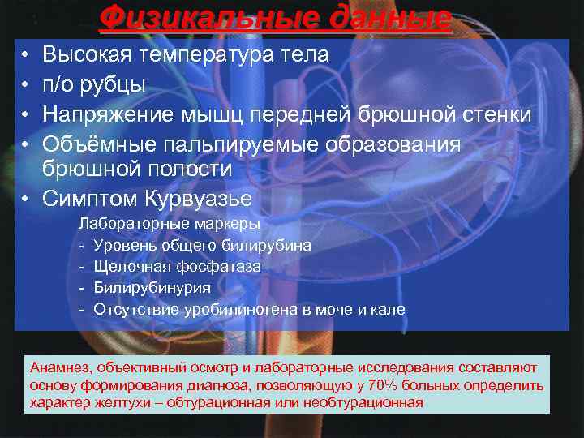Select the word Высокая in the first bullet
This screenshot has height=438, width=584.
[87, 55]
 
